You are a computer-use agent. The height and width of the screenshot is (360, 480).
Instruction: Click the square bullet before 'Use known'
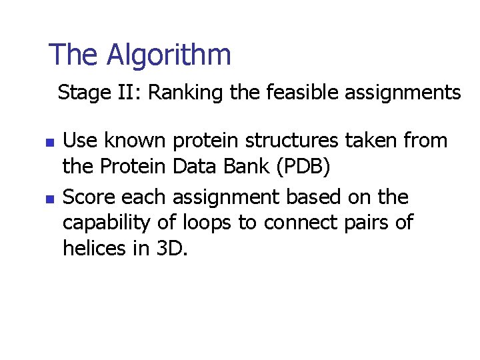pos(48,143)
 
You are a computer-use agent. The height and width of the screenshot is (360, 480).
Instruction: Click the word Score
pos(86,197)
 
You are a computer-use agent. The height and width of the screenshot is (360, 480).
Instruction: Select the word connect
pos(301,223)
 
